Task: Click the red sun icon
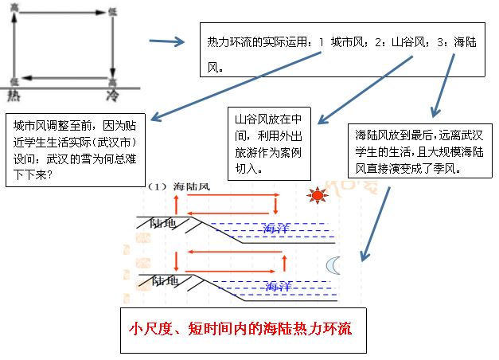(x=318, y=195)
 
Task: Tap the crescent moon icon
(x=332, y=266)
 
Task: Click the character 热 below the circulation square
(x=14, y=95)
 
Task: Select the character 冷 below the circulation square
(x=112, y=96)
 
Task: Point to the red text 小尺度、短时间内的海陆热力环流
(x=240, y=329)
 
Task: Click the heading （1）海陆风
(x=178, y=186)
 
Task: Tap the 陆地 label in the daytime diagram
(x=163, y=223)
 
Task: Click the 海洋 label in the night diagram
(x=279, y=287)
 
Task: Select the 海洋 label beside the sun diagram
(x=276, y=228)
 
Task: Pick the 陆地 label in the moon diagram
(x=165, y=281)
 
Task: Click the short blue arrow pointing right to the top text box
(x=167, y=41)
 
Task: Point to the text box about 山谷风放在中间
(x=269, y=143)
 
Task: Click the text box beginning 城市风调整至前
(x=76, y=150)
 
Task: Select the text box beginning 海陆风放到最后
(x=419, y=151)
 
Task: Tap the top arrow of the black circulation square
(x=63, y=13)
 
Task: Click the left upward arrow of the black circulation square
(x=14, y=46)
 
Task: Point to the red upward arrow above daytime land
(x=177, y=205)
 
